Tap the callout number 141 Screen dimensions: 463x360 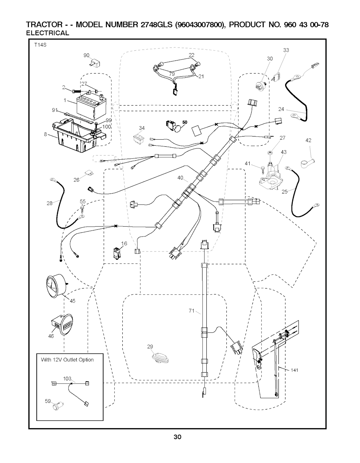(x=295, y=370)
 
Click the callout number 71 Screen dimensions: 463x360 (x=192, y=310)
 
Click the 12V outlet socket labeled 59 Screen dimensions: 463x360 (x=56, y=407)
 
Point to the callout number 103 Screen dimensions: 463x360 (x=67, y=378)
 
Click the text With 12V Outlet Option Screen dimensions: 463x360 (x=67, y=360)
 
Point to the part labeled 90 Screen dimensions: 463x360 (x=94, y=64)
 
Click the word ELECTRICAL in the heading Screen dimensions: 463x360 (x=48, y=33)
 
